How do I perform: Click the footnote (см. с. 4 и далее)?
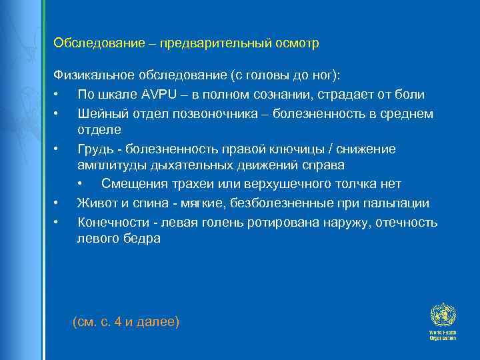point(125,322)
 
